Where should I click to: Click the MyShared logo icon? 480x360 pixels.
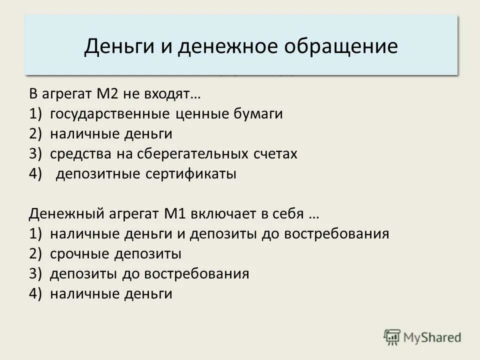click(x=392, y=337)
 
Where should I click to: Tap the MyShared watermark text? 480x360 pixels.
click(x=432, y=337)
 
